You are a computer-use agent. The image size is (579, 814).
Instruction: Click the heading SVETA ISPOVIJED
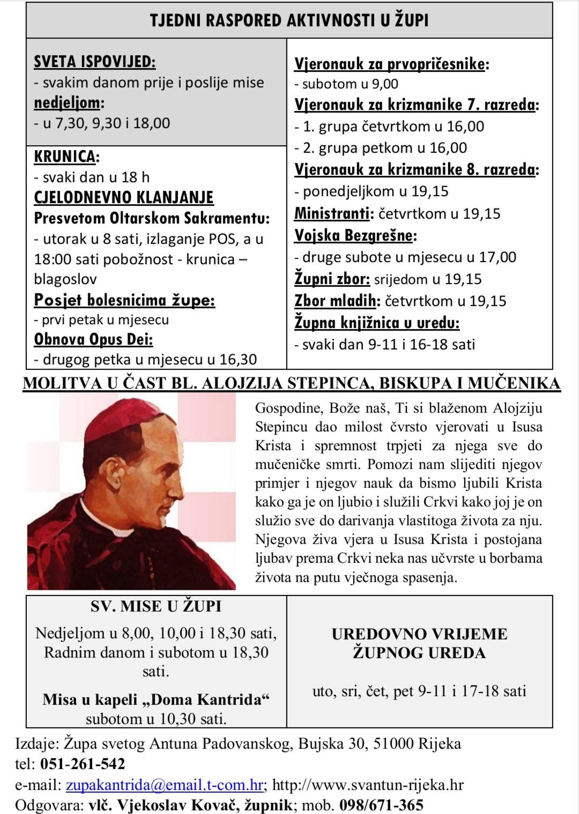(94, 62)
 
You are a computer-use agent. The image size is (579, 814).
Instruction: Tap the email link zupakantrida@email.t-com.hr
(164, 785)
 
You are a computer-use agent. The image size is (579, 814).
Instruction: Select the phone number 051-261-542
(83, 764)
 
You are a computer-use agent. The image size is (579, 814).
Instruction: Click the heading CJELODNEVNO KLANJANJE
(124, 197)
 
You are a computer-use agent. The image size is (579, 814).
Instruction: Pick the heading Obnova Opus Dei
(93, 340)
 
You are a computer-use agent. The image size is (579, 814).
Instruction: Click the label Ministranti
(332, 214)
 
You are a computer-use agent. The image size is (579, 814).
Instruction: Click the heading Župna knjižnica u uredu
(377, 323)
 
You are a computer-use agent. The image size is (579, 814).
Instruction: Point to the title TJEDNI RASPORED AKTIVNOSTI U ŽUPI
(289, 20)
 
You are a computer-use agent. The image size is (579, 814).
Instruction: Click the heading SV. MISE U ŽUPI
(156, 606)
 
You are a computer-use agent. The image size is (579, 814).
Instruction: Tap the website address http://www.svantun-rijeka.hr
(368, 785)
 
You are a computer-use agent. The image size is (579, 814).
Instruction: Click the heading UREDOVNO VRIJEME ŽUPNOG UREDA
(419, 643)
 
